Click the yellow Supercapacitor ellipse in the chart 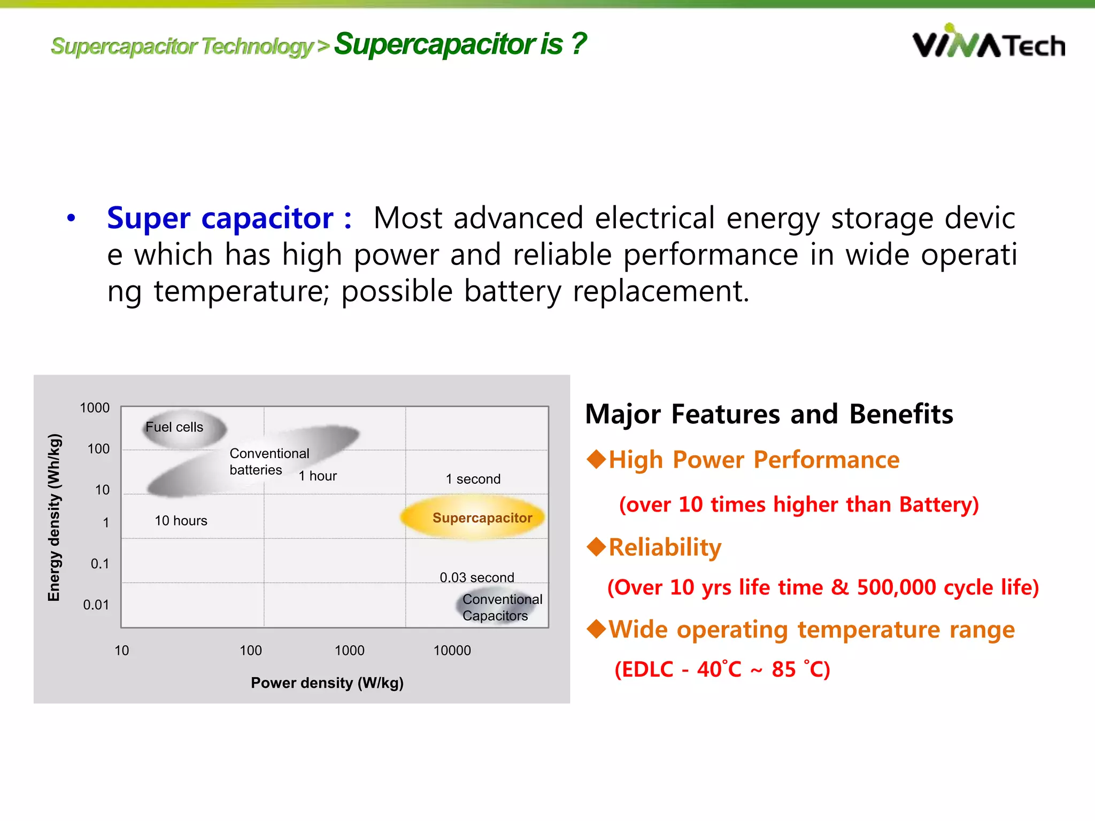pos(473,517)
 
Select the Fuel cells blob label pos(174,427)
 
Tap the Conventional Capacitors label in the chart pos(502,607)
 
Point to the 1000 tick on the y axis pos(95,408)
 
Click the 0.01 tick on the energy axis pos(96,605)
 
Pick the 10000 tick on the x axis pos(452,650)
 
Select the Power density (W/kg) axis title pos(327,683)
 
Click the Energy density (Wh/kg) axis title pos(54,517)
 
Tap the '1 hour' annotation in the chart pos(318,476)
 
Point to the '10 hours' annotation pos(181,521)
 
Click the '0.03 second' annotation pos(476,577)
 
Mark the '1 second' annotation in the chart pos(473,479)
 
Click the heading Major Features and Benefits pos(769,414)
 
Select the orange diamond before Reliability pos(596,547)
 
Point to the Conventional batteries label pos(269,461)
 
